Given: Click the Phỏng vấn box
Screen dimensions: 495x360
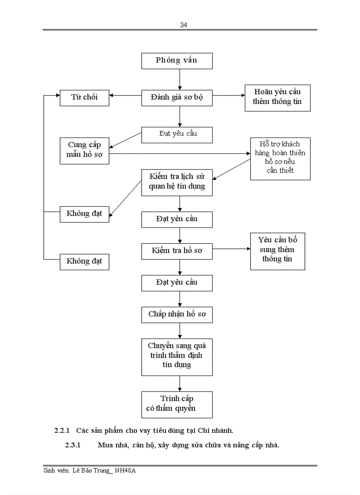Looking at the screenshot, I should tap(176, 61).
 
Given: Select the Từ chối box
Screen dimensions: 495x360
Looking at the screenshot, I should tap(84, 97).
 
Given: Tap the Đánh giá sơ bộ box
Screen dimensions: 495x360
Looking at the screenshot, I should tap(176, 97).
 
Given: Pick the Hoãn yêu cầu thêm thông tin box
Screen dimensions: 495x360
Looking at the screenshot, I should tap(277, 98).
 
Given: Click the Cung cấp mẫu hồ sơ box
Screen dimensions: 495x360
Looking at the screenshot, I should tap(84, 150).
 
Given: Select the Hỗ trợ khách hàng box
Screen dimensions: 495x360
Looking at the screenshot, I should tap(280, 158).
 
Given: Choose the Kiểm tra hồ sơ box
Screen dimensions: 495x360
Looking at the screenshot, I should tap(176, 251).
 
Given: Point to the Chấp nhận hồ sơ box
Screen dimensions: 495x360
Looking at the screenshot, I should tap(176, 315).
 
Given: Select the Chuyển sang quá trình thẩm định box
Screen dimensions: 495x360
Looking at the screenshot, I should tap(176, 356).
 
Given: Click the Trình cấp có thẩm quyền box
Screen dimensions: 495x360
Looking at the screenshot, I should tap(176, 404).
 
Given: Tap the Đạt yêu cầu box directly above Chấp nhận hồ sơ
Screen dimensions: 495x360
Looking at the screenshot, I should tap(176, 283).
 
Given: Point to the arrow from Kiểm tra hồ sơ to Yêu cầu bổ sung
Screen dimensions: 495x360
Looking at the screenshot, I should tap(231, 249).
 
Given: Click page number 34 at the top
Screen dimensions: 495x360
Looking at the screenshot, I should tap(184, 25).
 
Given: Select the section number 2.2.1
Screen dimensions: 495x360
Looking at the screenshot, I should tap(62, 430).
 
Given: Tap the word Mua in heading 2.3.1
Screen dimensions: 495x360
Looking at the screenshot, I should tap(105, 445).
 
